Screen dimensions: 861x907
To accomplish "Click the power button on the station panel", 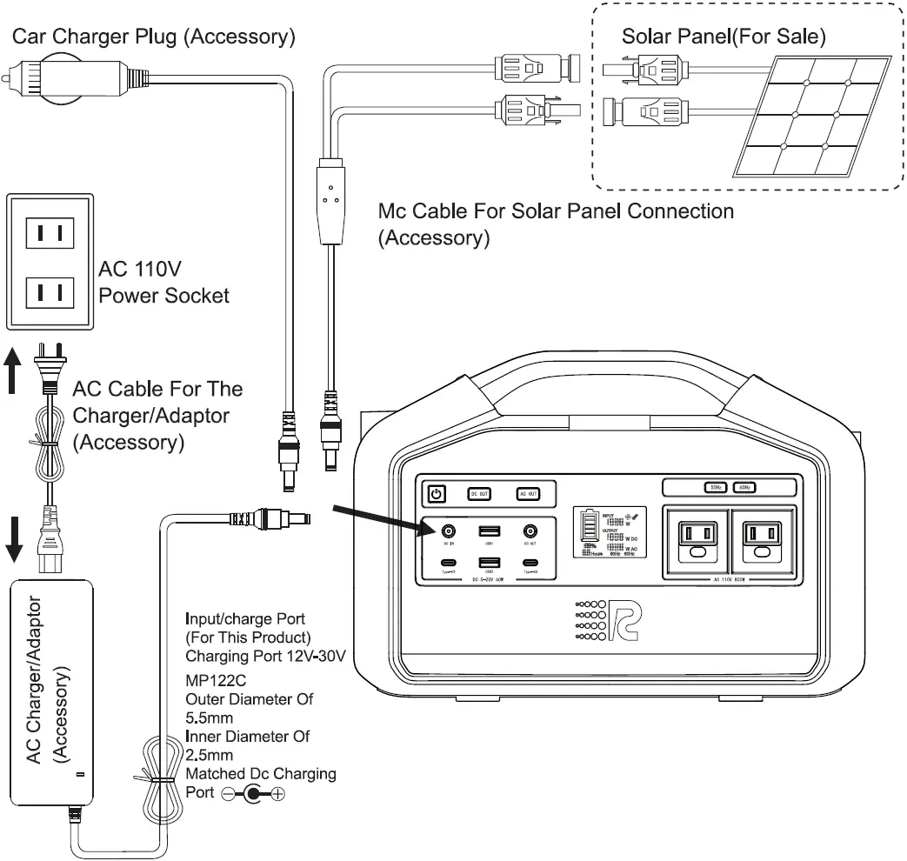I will coord(436,494).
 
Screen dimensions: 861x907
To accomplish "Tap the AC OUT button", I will coord(528,494).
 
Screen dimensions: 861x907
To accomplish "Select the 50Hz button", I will coord(715,488).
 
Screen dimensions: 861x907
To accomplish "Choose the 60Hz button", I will coord(744,488).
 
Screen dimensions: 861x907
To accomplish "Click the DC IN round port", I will coord(449,531).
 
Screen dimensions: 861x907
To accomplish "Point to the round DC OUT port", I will coord(530,531).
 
